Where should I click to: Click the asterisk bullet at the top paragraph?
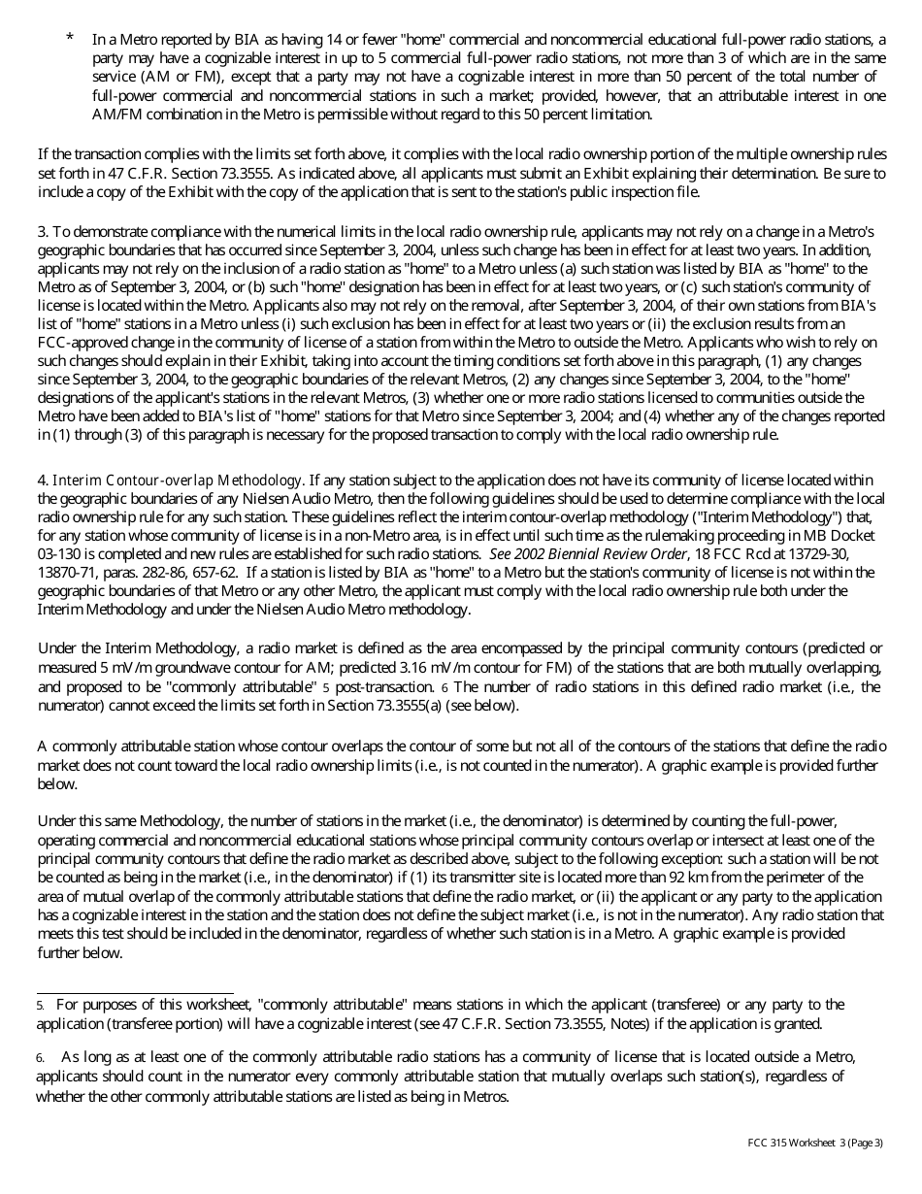(70, 38)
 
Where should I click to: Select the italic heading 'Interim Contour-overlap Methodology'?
(177, 481)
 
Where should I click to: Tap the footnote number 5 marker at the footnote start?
(41, 1005)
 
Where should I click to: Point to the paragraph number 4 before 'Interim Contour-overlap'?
(42, 481)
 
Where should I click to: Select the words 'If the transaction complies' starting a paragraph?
(116, 155)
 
